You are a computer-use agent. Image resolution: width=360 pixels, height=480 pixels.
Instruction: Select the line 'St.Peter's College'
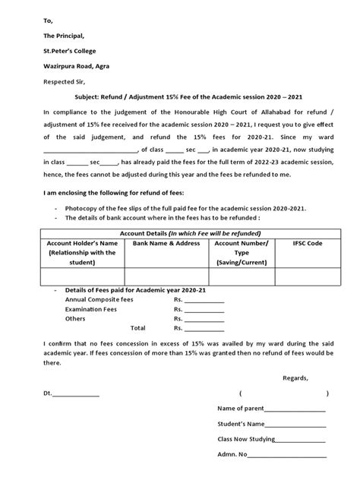62,52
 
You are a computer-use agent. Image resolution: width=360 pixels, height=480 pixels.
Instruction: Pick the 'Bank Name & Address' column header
166,244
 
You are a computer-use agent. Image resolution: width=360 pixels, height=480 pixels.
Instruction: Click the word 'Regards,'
295,378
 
